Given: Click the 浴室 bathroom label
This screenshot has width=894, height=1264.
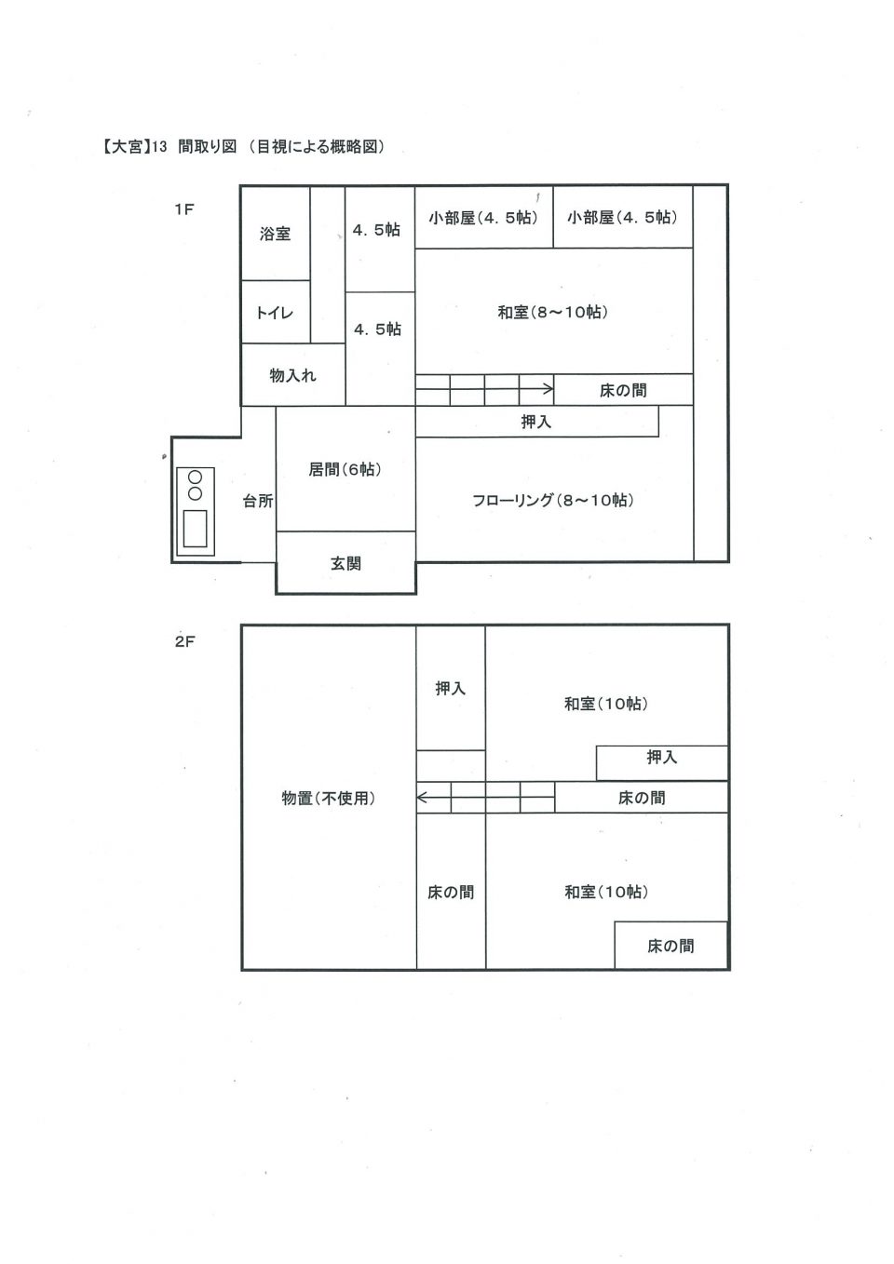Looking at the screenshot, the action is (275, 234).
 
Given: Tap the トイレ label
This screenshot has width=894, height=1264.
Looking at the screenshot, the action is (275, 313).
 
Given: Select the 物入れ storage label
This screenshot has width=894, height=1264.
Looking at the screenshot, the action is (292, 375).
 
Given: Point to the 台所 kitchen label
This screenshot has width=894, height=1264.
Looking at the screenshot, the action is (258, 501).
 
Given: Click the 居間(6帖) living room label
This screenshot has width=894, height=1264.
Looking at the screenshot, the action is (345, 469).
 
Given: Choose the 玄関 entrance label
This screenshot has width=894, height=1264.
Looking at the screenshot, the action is (345, 563).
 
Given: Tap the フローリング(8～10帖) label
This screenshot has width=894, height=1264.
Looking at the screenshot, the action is (553, 500).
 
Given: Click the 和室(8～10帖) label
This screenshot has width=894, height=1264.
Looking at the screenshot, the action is (553, 312).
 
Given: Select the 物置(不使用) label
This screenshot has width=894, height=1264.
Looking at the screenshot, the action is (329, 798).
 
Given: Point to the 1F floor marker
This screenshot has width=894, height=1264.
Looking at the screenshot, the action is (184, 209).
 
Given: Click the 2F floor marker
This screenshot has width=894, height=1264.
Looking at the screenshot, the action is (184, 641).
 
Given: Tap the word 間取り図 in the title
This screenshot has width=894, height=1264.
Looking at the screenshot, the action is (207, 147).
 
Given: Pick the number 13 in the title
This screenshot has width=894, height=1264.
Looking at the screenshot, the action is (160, 147).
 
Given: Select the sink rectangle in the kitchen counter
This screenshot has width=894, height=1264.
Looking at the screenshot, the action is (196, 528).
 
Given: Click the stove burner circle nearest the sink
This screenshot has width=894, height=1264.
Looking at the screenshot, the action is (195, 493).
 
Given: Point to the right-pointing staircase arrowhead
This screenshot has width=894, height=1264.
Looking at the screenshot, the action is (549, 388).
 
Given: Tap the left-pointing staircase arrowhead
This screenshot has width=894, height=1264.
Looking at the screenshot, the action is (421, 798).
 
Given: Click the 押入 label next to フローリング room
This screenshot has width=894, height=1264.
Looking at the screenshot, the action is (535, 422).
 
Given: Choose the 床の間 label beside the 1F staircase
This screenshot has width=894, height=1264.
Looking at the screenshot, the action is (623, 390).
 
